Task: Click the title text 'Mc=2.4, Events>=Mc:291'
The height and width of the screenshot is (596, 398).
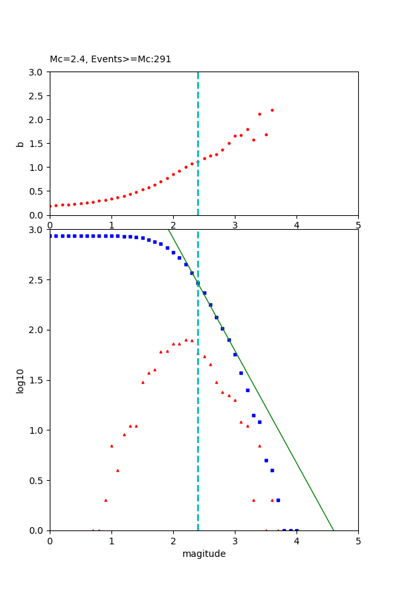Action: [110, 60]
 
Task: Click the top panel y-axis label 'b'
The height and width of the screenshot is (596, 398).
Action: [20, 144]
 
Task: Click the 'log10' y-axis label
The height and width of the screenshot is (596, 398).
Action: [20, 380]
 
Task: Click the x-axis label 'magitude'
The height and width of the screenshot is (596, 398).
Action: [204, 554]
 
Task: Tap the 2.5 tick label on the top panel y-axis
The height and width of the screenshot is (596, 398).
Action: [36, 95]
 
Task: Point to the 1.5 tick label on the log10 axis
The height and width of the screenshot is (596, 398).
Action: [36, 380]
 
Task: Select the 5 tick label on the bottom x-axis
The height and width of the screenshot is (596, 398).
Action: [358, 540]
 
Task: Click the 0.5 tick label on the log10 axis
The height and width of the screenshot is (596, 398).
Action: [36, 481]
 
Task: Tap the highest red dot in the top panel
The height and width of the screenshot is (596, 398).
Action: [272, 110]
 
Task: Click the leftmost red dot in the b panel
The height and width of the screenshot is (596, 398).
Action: [50, 206]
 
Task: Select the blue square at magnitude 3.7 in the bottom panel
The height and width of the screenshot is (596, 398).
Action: [278, 500]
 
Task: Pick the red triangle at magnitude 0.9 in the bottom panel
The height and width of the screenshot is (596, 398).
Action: [105, 500]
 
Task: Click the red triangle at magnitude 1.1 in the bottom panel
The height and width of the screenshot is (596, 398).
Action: [117, 470]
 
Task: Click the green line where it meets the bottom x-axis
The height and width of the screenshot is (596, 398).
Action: [334, 530]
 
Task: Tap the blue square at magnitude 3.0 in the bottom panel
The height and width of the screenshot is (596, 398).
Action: [235, 354]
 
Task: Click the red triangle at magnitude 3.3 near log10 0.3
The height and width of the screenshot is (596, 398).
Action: [253, 500]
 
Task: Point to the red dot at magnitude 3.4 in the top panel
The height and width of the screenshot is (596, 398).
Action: [259, 114]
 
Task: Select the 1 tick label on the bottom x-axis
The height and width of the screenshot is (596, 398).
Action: [111, 540]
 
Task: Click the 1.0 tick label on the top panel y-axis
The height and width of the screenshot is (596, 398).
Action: [36, 168]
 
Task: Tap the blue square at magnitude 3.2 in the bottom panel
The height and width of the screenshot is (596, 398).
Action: [247, 390]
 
